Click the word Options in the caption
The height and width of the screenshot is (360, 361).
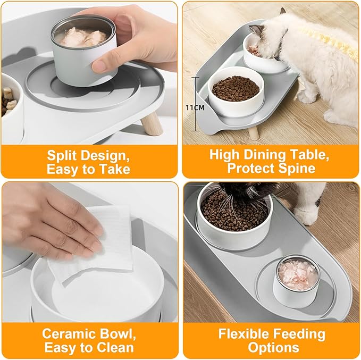pyautogui.click(x=273, y=348)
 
